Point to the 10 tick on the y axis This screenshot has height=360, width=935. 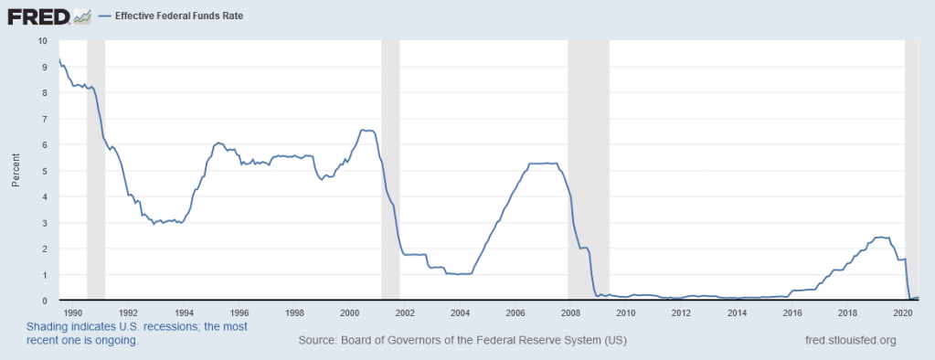(43, 41)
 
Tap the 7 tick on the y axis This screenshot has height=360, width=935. (44, 119)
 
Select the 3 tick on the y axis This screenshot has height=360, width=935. (44, 222)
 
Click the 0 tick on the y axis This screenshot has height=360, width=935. (44, 300)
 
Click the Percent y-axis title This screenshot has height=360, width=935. (16, 171)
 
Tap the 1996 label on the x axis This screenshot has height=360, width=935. (239, 311)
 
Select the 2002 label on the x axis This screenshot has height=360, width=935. (404, 311)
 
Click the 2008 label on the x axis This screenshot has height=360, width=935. (570, 311)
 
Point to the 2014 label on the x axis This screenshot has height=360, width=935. (737, 311)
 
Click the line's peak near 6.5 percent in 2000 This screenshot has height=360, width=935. (367, 131)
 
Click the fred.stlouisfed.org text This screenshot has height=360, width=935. (850, 341)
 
